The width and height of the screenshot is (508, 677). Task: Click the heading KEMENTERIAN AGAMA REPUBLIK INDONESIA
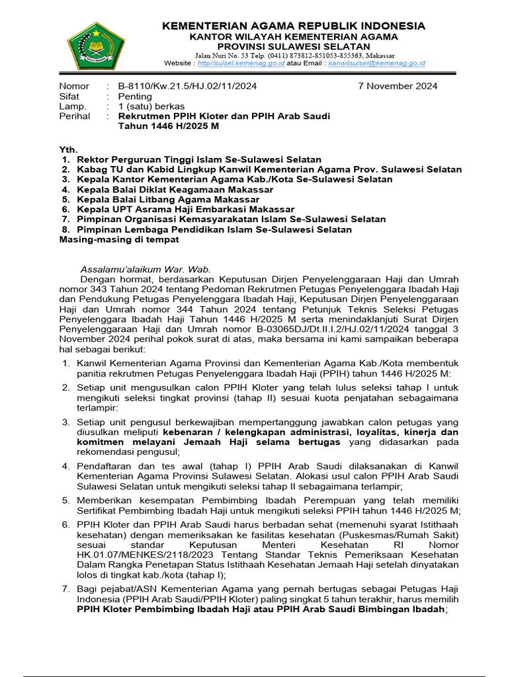pyautogui.click(x=294, y=26)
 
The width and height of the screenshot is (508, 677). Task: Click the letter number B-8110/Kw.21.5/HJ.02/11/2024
pyautogui.click(x=187, y=86)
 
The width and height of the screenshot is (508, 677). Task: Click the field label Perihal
pyautogui.click(x=75, y=116)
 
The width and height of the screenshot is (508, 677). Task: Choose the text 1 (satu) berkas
pyautogui.click(x=151, y=106)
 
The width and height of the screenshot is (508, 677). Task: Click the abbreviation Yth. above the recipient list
pyautogui.click(x=69, y=149)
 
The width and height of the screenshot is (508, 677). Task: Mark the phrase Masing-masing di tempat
pyautogui.click(x=119, y=239)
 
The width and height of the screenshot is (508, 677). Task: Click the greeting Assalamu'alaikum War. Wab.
pyautogui.click(x=145, y=269)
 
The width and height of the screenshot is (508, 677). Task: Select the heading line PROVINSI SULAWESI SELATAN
pyautogui.click(x=294, y=46)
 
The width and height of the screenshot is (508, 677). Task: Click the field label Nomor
pyautogui.click(x=74, y=86)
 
